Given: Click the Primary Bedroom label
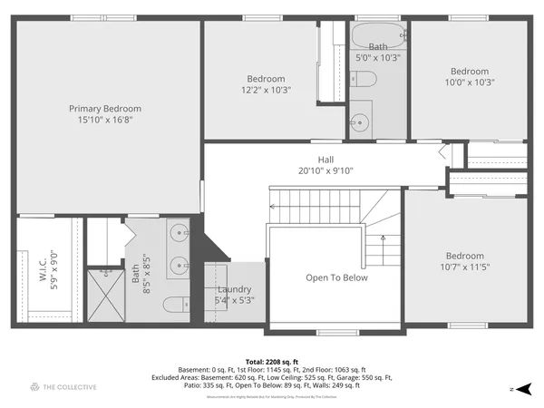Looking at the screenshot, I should click(105, 109).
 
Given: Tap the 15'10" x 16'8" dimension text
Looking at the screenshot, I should click(105, 120).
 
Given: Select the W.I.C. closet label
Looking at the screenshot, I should click(43, 269).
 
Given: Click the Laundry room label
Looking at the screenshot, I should click(234, 290).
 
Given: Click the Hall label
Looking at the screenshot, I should click(325, 160).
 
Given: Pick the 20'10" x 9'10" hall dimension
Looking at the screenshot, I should click(325, 170).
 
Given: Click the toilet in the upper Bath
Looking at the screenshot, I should click(364, 80).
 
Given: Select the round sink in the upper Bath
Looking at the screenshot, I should click(361, 121).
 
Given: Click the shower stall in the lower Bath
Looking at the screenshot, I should click(105, 293).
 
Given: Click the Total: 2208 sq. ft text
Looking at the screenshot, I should click(272, 362).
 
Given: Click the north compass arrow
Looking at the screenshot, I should click(520, 388).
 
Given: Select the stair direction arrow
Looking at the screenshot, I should click(384, 240).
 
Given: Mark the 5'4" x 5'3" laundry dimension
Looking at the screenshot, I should click(234, 301).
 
